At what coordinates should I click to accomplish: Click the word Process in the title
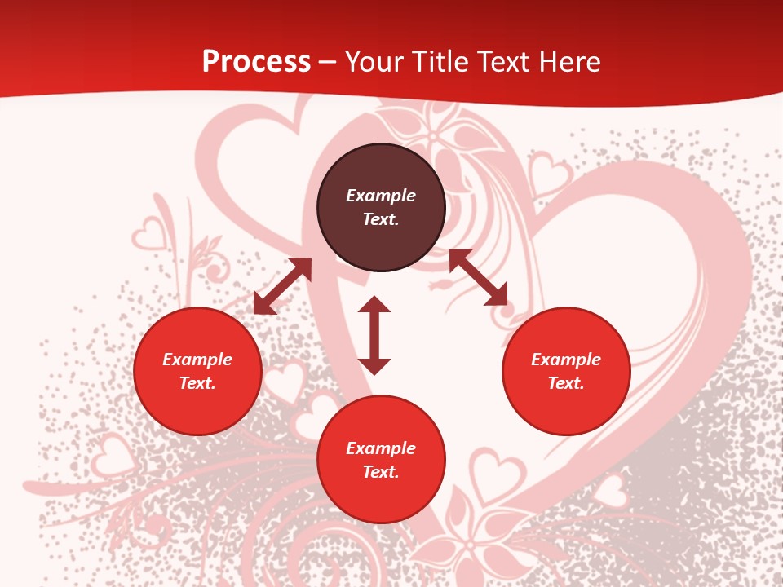point(256,62)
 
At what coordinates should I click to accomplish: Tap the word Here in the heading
point(568,62)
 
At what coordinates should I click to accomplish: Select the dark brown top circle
point(381,208)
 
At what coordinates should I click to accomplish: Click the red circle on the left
point(197,371)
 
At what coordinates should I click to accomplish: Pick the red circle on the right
point(566,371)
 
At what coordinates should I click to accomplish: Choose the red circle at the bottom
point(381,460)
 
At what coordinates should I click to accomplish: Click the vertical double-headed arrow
point(374,335)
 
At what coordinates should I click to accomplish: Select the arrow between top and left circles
point(282,286)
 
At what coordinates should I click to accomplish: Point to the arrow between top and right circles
point(478,277)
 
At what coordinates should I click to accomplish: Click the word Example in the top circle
point(381,196)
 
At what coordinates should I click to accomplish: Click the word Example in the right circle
point(566,360)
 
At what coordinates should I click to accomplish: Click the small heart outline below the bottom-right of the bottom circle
point(497,473)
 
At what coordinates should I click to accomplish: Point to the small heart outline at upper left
point(149,234)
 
